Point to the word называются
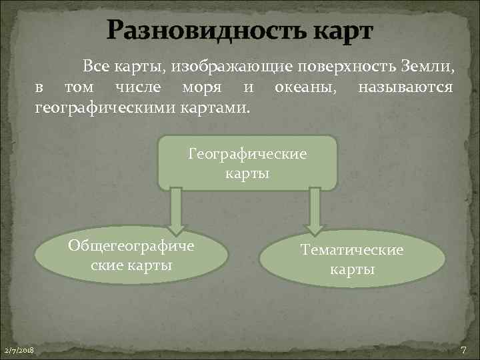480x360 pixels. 405,87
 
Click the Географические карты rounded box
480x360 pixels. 247,163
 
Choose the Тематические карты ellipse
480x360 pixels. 351,259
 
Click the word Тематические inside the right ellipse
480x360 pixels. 351,251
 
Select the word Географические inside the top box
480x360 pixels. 247,154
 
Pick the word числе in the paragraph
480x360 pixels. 138,87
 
